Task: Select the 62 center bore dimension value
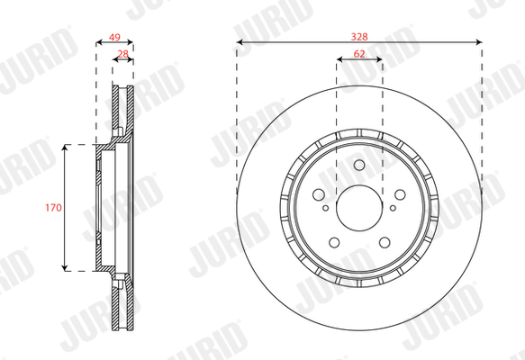359,54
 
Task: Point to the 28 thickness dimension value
123,54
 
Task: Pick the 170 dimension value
53,207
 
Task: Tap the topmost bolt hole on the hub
359,165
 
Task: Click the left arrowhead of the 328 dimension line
240,41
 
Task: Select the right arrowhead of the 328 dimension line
479,41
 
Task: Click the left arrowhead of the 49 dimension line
96,41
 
